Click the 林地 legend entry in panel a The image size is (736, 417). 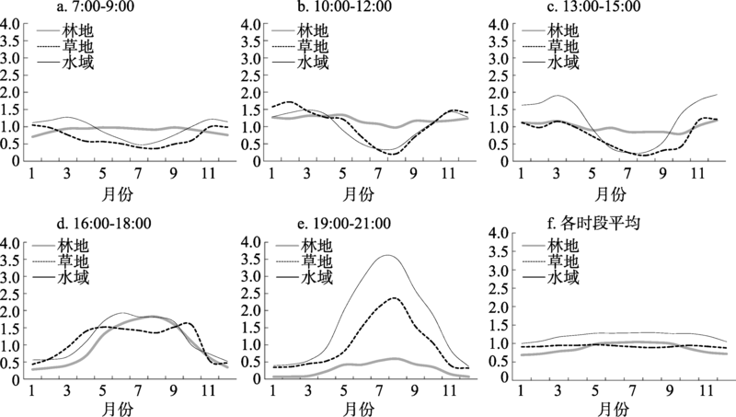[80, 30]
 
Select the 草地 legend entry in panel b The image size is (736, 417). [317, 47]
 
